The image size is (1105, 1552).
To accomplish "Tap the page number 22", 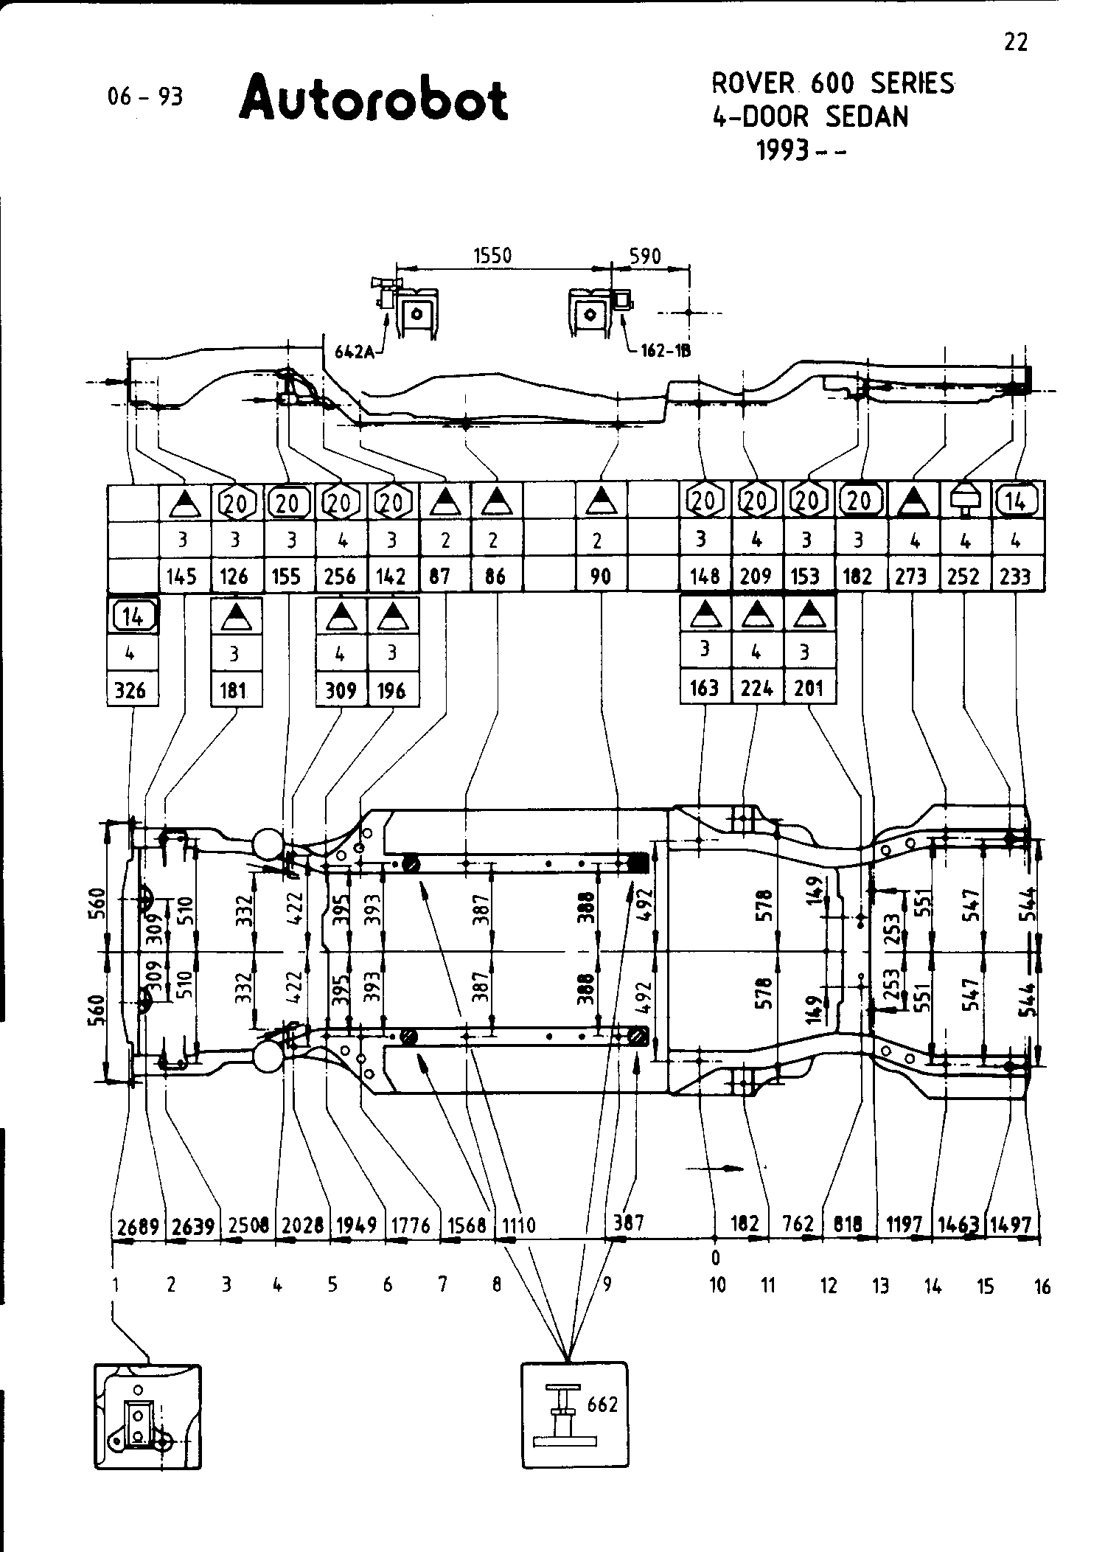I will [x=1015, y=43].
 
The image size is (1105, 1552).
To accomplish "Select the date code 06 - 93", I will [x=145, y=97].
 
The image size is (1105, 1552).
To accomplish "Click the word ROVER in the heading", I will [x=753, y=83].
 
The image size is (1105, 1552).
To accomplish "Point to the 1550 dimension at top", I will [x=492, y=255].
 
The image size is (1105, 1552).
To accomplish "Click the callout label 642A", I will [x=354, y=352].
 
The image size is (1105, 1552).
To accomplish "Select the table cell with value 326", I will [x=133, y=691].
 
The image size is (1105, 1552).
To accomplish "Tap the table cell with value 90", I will [x=601, y=576].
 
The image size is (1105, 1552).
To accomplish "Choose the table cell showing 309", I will [x=341, y=691].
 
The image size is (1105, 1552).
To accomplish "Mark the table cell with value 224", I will [x=757, y=689].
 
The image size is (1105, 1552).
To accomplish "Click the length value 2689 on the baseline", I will [x=138, y=1227].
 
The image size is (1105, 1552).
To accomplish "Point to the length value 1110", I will [x=518, y=1226].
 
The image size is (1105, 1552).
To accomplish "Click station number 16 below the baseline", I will [x=1042, y=1287].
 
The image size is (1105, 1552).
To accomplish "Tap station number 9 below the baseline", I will [x=607, y=1284].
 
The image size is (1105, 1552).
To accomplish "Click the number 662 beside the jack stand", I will [x=602, y=1405].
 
